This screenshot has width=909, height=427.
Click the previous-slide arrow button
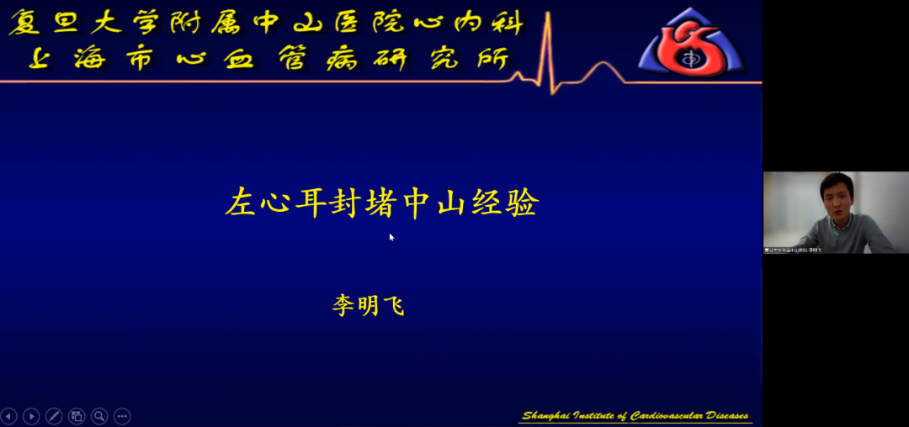click(x=8, y=415)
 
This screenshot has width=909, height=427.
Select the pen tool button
click(x=54, y=415)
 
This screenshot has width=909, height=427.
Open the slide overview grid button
click(x=77, y=415)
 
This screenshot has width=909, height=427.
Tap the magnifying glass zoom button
click(x=99, y=415)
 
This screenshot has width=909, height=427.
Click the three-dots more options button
click(x=122, y=415)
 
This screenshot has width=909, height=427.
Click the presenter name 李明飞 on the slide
click(x=369, y=305)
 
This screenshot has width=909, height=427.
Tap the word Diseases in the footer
click(x=725, y=416)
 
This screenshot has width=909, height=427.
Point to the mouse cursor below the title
click(x=391, y=238)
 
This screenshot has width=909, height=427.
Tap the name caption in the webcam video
click(x=792, y=250)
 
